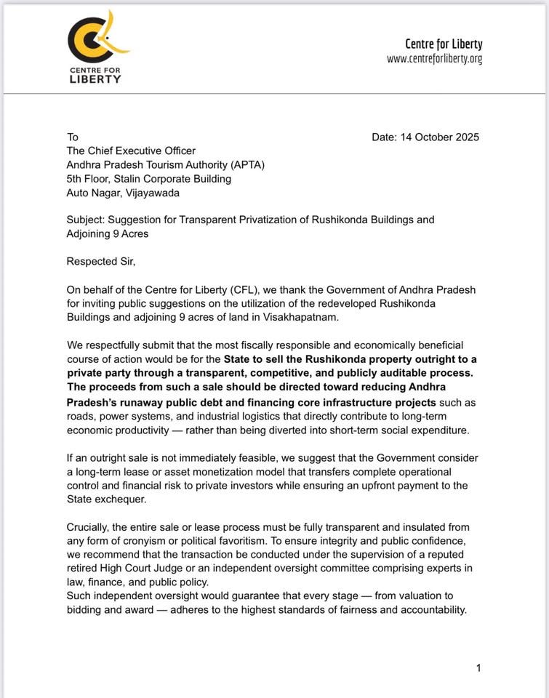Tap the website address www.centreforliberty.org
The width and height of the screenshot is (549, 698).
coord(434,59)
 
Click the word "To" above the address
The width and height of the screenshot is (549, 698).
coord(73,137)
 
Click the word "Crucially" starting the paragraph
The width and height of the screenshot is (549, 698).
coord(90,526)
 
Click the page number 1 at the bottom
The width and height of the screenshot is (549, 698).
coord(478,667)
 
